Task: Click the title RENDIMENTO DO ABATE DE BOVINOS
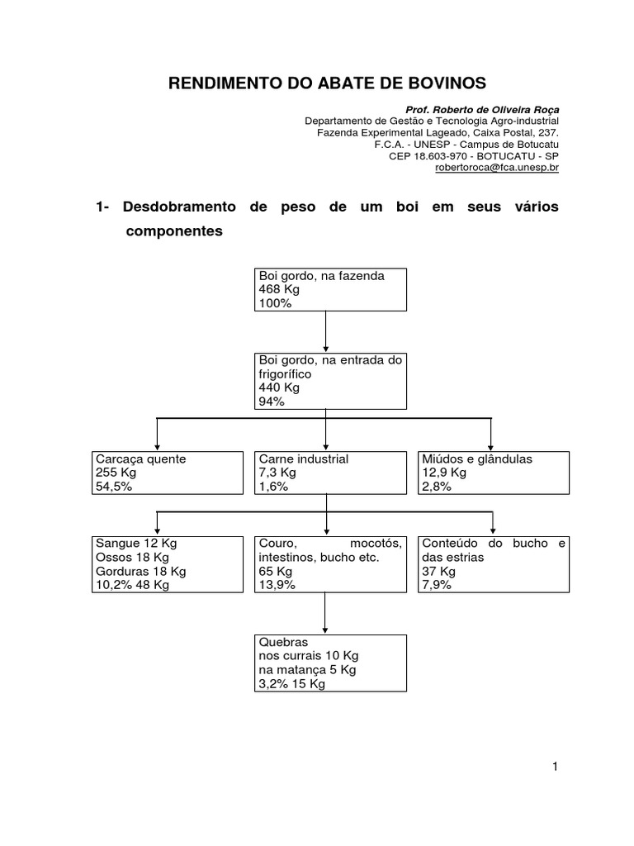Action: [328, 83]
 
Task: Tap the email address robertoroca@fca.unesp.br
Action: [497, 167]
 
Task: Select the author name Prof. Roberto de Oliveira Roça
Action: [482, 110]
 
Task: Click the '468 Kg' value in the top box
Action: [279, 290]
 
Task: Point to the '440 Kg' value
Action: [279, 387]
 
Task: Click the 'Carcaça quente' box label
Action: [141, 459]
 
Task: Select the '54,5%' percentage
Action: [114, 487]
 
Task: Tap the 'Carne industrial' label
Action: [304, 459]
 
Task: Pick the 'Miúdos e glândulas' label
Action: [477, 459]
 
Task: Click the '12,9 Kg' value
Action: [444, 473]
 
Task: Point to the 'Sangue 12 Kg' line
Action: [136, 544]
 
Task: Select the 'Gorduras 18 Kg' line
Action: [141, 571]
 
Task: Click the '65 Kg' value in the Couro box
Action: [275, 571]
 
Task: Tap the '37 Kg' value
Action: [438, 571]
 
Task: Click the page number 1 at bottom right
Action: [556, 768]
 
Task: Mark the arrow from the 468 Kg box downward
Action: [327, 330]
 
